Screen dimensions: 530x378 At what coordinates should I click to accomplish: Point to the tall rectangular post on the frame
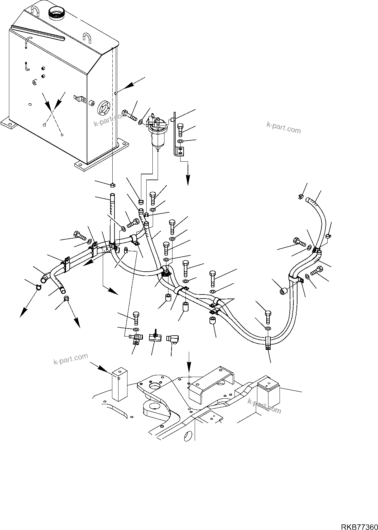tap(119, 385)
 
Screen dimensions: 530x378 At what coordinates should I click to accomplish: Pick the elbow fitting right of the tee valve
tap(171, 339)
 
